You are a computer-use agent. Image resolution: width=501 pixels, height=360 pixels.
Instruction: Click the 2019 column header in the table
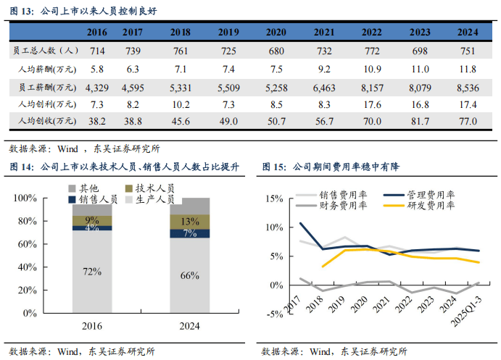tap(228, 32)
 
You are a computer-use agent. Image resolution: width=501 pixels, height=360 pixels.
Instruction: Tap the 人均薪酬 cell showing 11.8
tap(463, 69)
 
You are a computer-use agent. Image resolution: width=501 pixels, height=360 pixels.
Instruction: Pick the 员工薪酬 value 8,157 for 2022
tap(372, 87)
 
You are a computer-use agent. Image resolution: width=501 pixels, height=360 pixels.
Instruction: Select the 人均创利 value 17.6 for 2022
tap(372, 104)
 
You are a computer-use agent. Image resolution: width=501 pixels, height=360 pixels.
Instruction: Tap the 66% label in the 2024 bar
tap(190, 275)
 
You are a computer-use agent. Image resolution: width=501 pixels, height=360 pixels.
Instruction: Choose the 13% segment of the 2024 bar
tap(190, 222)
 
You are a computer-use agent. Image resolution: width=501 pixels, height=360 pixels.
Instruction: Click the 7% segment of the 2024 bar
tap(190, 233)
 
